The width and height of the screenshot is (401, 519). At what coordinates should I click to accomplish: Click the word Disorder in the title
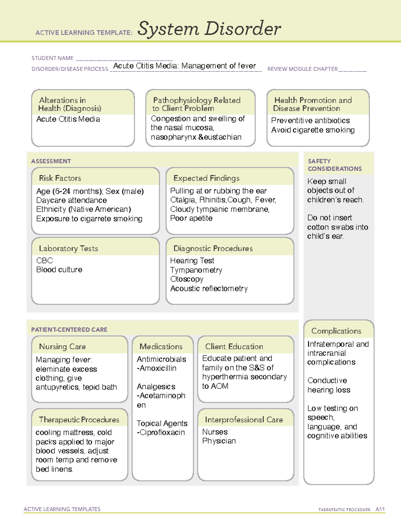[243, 29]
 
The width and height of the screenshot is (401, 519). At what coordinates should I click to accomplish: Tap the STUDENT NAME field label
[52, 58]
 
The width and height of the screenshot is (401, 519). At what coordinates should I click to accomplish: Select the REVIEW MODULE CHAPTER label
[302, 69]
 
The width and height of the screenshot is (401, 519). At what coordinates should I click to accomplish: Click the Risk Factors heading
[60, 178]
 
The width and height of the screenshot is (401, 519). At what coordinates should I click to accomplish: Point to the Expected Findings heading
[207, 178]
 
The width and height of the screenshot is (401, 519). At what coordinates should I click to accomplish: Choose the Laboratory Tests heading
[69, 248]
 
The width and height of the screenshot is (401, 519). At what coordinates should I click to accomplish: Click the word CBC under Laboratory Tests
[44, 261]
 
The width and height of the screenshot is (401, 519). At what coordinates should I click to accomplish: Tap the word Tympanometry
[196, 270]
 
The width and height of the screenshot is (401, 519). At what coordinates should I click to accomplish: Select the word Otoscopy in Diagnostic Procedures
[187, 279]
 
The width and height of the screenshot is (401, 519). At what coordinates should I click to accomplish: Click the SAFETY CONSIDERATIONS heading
[335, 165]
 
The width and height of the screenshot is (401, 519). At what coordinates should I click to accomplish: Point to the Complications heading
[336, 331]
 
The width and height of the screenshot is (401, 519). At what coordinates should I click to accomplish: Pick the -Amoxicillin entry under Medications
[156, 368]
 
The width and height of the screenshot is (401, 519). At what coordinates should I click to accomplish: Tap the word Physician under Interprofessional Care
[219, 441]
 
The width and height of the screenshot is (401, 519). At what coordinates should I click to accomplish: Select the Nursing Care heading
[62, 347]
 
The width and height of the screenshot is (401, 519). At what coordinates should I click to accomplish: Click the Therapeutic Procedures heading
[79, 419]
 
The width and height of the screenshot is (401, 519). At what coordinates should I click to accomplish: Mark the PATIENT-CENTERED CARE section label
[70, 330]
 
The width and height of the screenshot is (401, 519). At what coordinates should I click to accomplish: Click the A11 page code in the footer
[380, 509]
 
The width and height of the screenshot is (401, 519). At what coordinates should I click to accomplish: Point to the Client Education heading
[234, 347]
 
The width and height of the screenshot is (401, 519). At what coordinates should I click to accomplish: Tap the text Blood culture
[59, 270]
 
